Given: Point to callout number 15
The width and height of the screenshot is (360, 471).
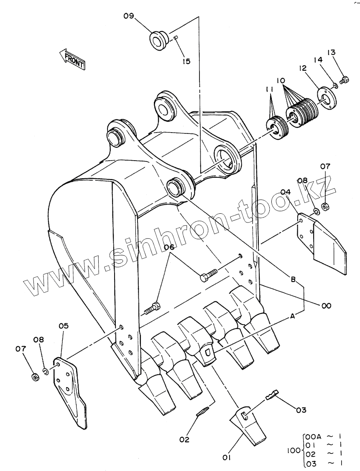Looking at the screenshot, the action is point(186,61).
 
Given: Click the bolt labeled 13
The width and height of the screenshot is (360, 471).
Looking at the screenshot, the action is point(345,80).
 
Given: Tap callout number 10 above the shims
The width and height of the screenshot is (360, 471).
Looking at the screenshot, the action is point(281,80).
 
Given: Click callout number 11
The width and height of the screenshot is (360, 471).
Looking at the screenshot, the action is point(269,90).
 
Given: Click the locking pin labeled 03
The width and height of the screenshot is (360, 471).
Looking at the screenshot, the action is point(272,394).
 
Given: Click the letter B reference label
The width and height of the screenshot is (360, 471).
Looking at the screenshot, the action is point(294,279).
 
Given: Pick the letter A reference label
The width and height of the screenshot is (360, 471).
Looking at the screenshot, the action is point(293,315).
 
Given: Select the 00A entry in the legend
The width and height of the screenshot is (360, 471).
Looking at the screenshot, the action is point(313,437).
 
